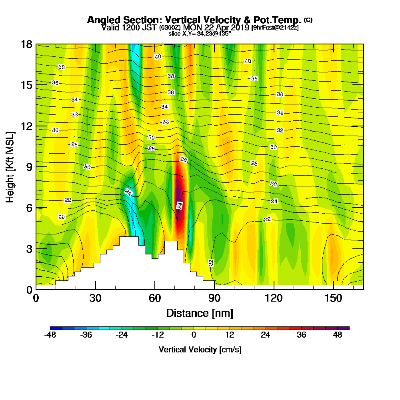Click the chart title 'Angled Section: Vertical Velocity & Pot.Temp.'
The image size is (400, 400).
pyautogui.click(x=194, y=20)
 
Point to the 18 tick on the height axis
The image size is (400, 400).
pyautogui.click(x=26, y=44)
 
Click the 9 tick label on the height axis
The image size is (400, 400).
pyautogui.click(x=26, y=167)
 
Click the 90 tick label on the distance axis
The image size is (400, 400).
pyautogui.click(x=214, y=298)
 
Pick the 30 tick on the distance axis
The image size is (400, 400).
pyautogui.click(x=95, y=298)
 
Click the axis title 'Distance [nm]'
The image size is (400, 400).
pyautogui.click(x=199, y=313)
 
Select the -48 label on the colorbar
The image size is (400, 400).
pyautogui.click(x=50, y=335)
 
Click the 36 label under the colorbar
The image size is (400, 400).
pyautogui.click(x=302, y=335)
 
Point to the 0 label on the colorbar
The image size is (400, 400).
pyautogui.click(x=194, y=335)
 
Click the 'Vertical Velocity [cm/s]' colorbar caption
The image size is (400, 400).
pyautogui.click(x=200, y=350)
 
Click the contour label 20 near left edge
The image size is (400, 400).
pyautogui.click(x=62, y=217)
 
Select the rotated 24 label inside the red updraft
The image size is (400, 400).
pyautogui.click(x=180, y=206)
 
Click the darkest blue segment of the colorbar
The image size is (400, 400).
pyautogui.click(x=56, y=328)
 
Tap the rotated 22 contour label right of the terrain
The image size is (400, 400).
pyautogui.click(x=211, y=263)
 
